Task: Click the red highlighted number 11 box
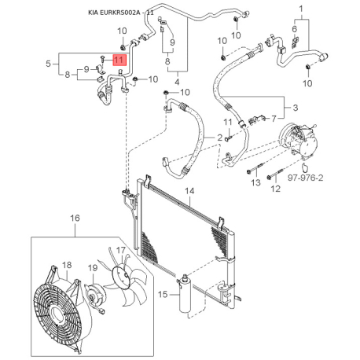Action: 119,60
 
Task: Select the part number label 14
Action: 189,191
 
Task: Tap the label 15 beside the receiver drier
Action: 163,294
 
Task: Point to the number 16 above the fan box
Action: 75,218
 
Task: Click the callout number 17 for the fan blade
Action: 121,250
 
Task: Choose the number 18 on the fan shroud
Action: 67,265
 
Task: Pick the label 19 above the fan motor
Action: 93,268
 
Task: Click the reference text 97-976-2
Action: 306,178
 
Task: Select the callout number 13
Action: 255,182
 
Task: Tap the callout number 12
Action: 275,189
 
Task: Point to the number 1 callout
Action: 301,9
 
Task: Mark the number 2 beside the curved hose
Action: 219,138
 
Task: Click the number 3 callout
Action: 296,108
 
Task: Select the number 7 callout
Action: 274,119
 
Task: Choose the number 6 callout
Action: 295,29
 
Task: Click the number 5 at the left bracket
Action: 48,64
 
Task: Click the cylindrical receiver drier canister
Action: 185,294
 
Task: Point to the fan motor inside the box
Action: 95,296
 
